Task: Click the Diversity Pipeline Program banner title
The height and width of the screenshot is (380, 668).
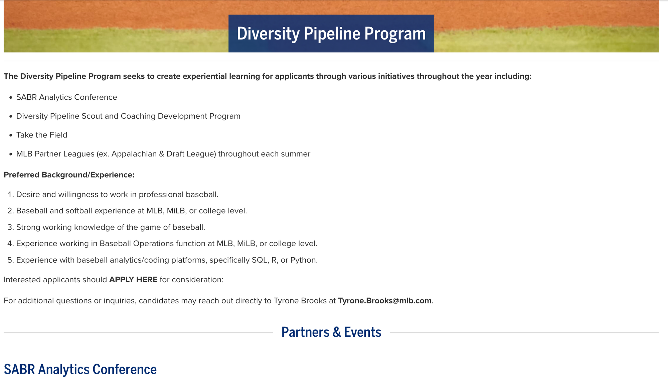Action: (331, 34)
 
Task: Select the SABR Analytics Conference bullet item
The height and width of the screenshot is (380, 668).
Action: (66, 97)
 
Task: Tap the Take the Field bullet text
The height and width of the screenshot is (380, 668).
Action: (42, 135)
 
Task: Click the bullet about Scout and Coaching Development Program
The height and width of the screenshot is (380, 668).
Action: (128, 116)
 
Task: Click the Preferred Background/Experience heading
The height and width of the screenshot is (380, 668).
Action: (69, 175)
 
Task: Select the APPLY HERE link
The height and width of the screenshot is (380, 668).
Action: (133, 280)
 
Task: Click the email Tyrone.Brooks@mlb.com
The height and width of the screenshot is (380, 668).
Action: (384, 301)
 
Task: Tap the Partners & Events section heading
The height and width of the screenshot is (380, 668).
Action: (331, 332)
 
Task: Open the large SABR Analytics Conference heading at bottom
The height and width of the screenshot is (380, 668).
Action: (80, 369)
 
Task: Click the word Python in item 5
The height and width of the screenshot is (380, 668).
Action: (303, 260)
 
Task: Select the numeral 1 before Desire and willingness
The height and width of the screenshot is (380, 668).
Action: (10, 195)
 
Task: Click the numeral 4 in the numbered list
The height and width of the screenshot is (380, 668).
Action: (10, 244)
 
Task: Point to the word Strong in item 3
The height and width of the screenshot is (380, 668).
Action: (28, 227)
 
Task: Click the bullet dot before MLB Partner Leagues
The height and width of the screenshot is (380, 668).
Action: (11, 154)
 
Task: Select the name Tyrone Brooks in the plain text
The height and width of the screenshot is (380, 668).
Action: (300, 301)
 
